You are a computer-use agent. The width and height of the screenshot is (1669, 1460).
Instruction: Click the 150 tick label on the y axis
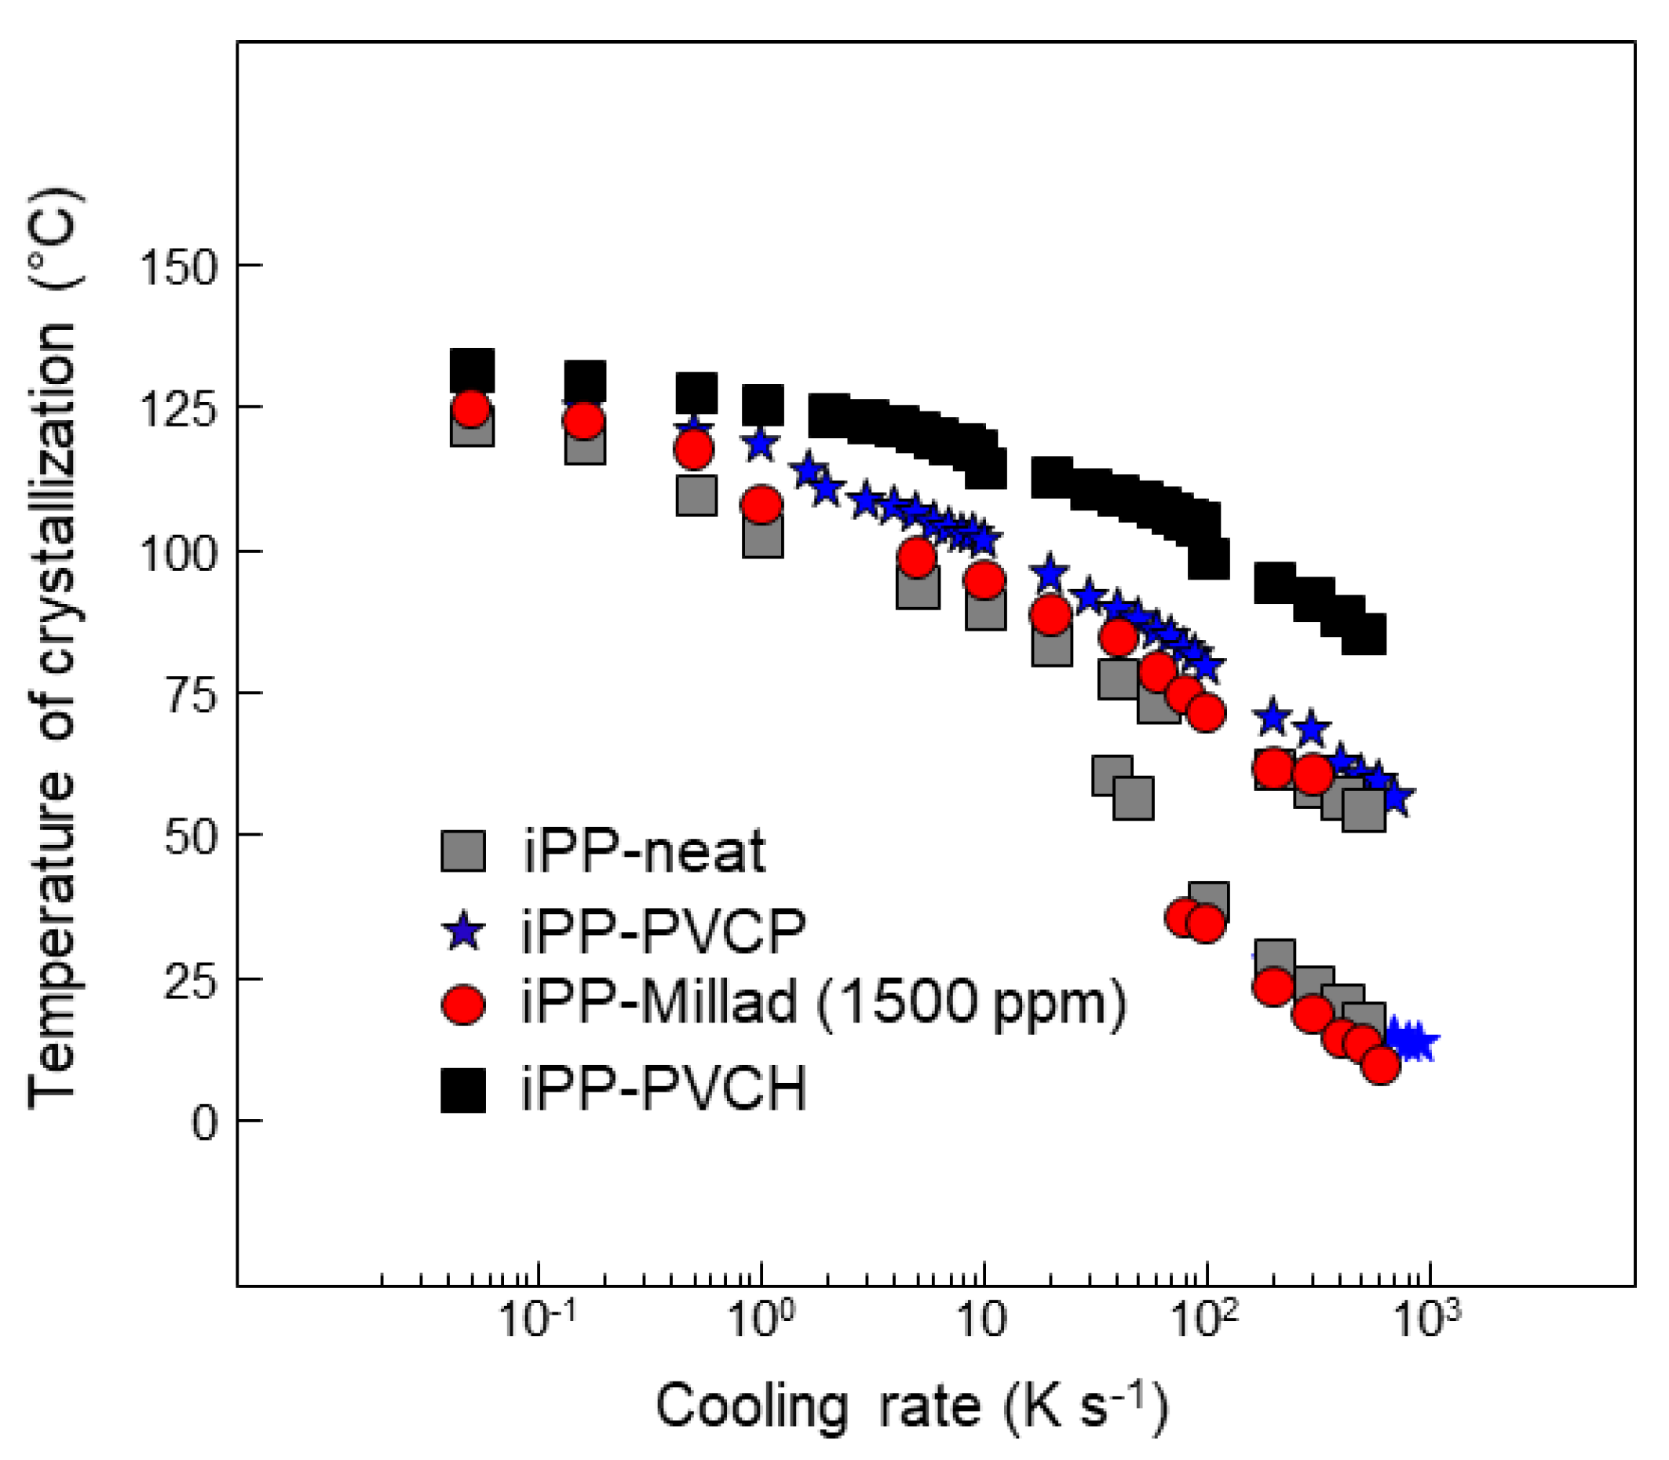(178, 267)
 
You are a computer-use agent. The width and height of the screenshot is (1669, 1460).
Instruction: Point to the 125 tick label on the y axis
(178, 409)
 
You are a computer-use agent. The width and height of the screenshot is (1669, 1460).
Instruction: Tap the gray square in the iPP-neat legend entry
(462, 851)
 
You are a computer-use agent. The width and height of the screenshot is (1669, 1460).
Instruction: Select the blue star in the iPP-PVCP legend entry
(462, 931)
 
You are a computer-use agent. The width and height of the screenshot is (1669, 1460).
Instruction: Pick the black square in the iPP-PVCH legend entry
(462, 1091)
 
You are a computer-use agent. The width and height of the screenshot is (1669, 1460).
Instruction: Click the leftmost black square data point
(473, 371)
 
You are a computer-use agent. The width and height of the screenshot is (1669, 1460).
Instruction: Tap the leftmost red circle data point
(471, 408)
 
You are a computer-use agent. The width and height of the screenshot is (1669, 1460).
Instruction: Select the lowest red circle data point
(1380, 1064)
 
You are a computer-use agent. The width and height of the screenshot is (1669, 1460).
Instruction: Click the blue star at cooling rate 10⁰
(760, 445)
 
